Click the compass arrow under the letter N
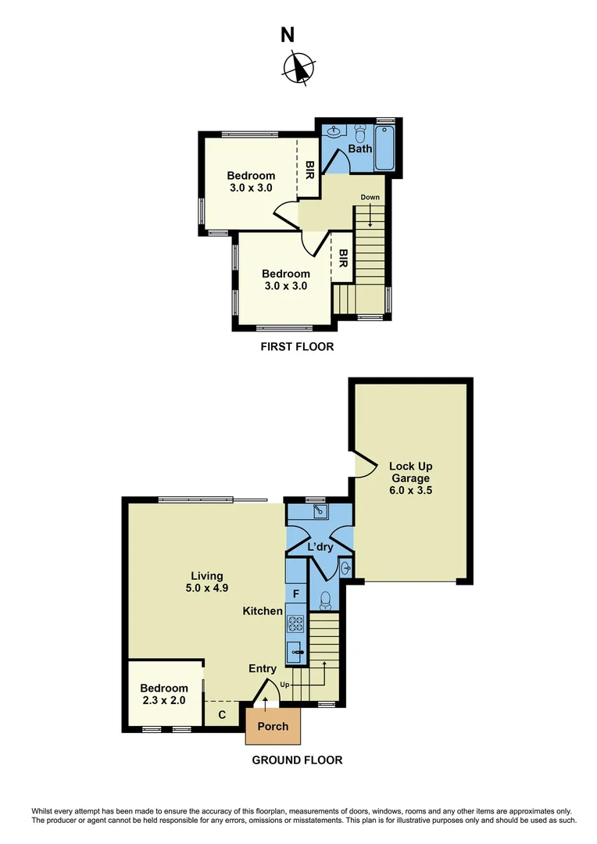click(x=298, y=67)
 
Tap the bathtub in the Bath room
click(x=385, y=148)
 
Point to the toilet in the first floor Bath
click(x=361, y=131)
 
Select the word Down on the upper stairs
click(x=370, y=197)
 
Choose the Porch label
click(x=273, y=726)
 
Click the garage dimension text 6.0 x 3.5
click(x=410, y=492)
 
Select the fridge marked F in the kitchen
click(x=295, y=594)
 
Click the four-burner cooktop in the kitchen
click(x=296, y=624)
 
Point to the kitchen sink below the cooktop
click(x=296, y=649)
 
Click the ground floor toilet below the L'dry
click(x=326, y=599)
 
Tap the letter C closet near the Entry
click(x=222, y=714)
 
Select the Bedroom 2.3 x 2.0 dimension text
click(x=163, y=700)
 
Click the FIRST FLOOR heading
click(x=297, y=346)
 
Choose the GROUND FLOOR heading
click(x=297, y=760)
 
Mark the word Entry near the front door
click(x=263, y=668)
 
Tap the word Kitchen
click(x=262, y=610)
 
